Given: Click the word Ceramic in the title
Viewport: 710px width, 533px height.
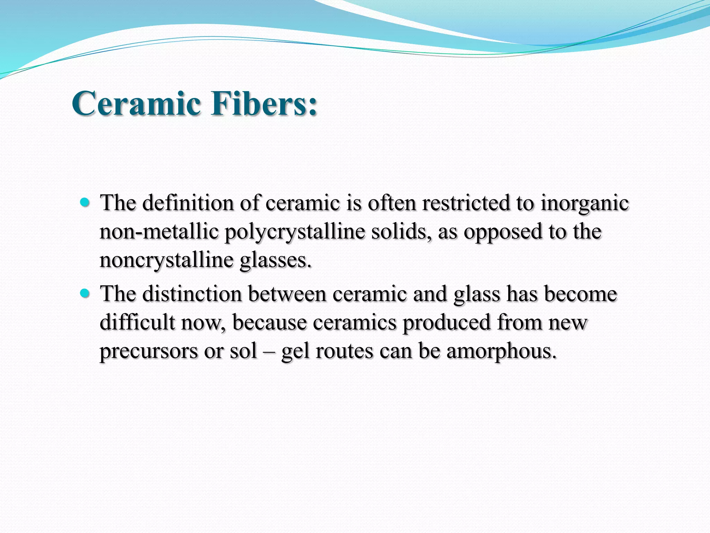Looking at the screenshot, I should tap(136, 103).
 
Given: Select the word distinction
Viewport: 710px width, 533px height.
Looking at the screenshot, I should tap(192, 294).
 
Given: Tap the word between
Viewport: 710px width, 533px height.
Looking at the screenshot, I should tap(287, 294).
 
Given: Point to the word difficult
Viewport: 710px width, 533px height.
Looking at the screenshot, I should tap(137, 323).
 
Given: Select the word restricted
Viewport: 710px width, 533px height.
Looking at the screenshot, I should tap(466, 203).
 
